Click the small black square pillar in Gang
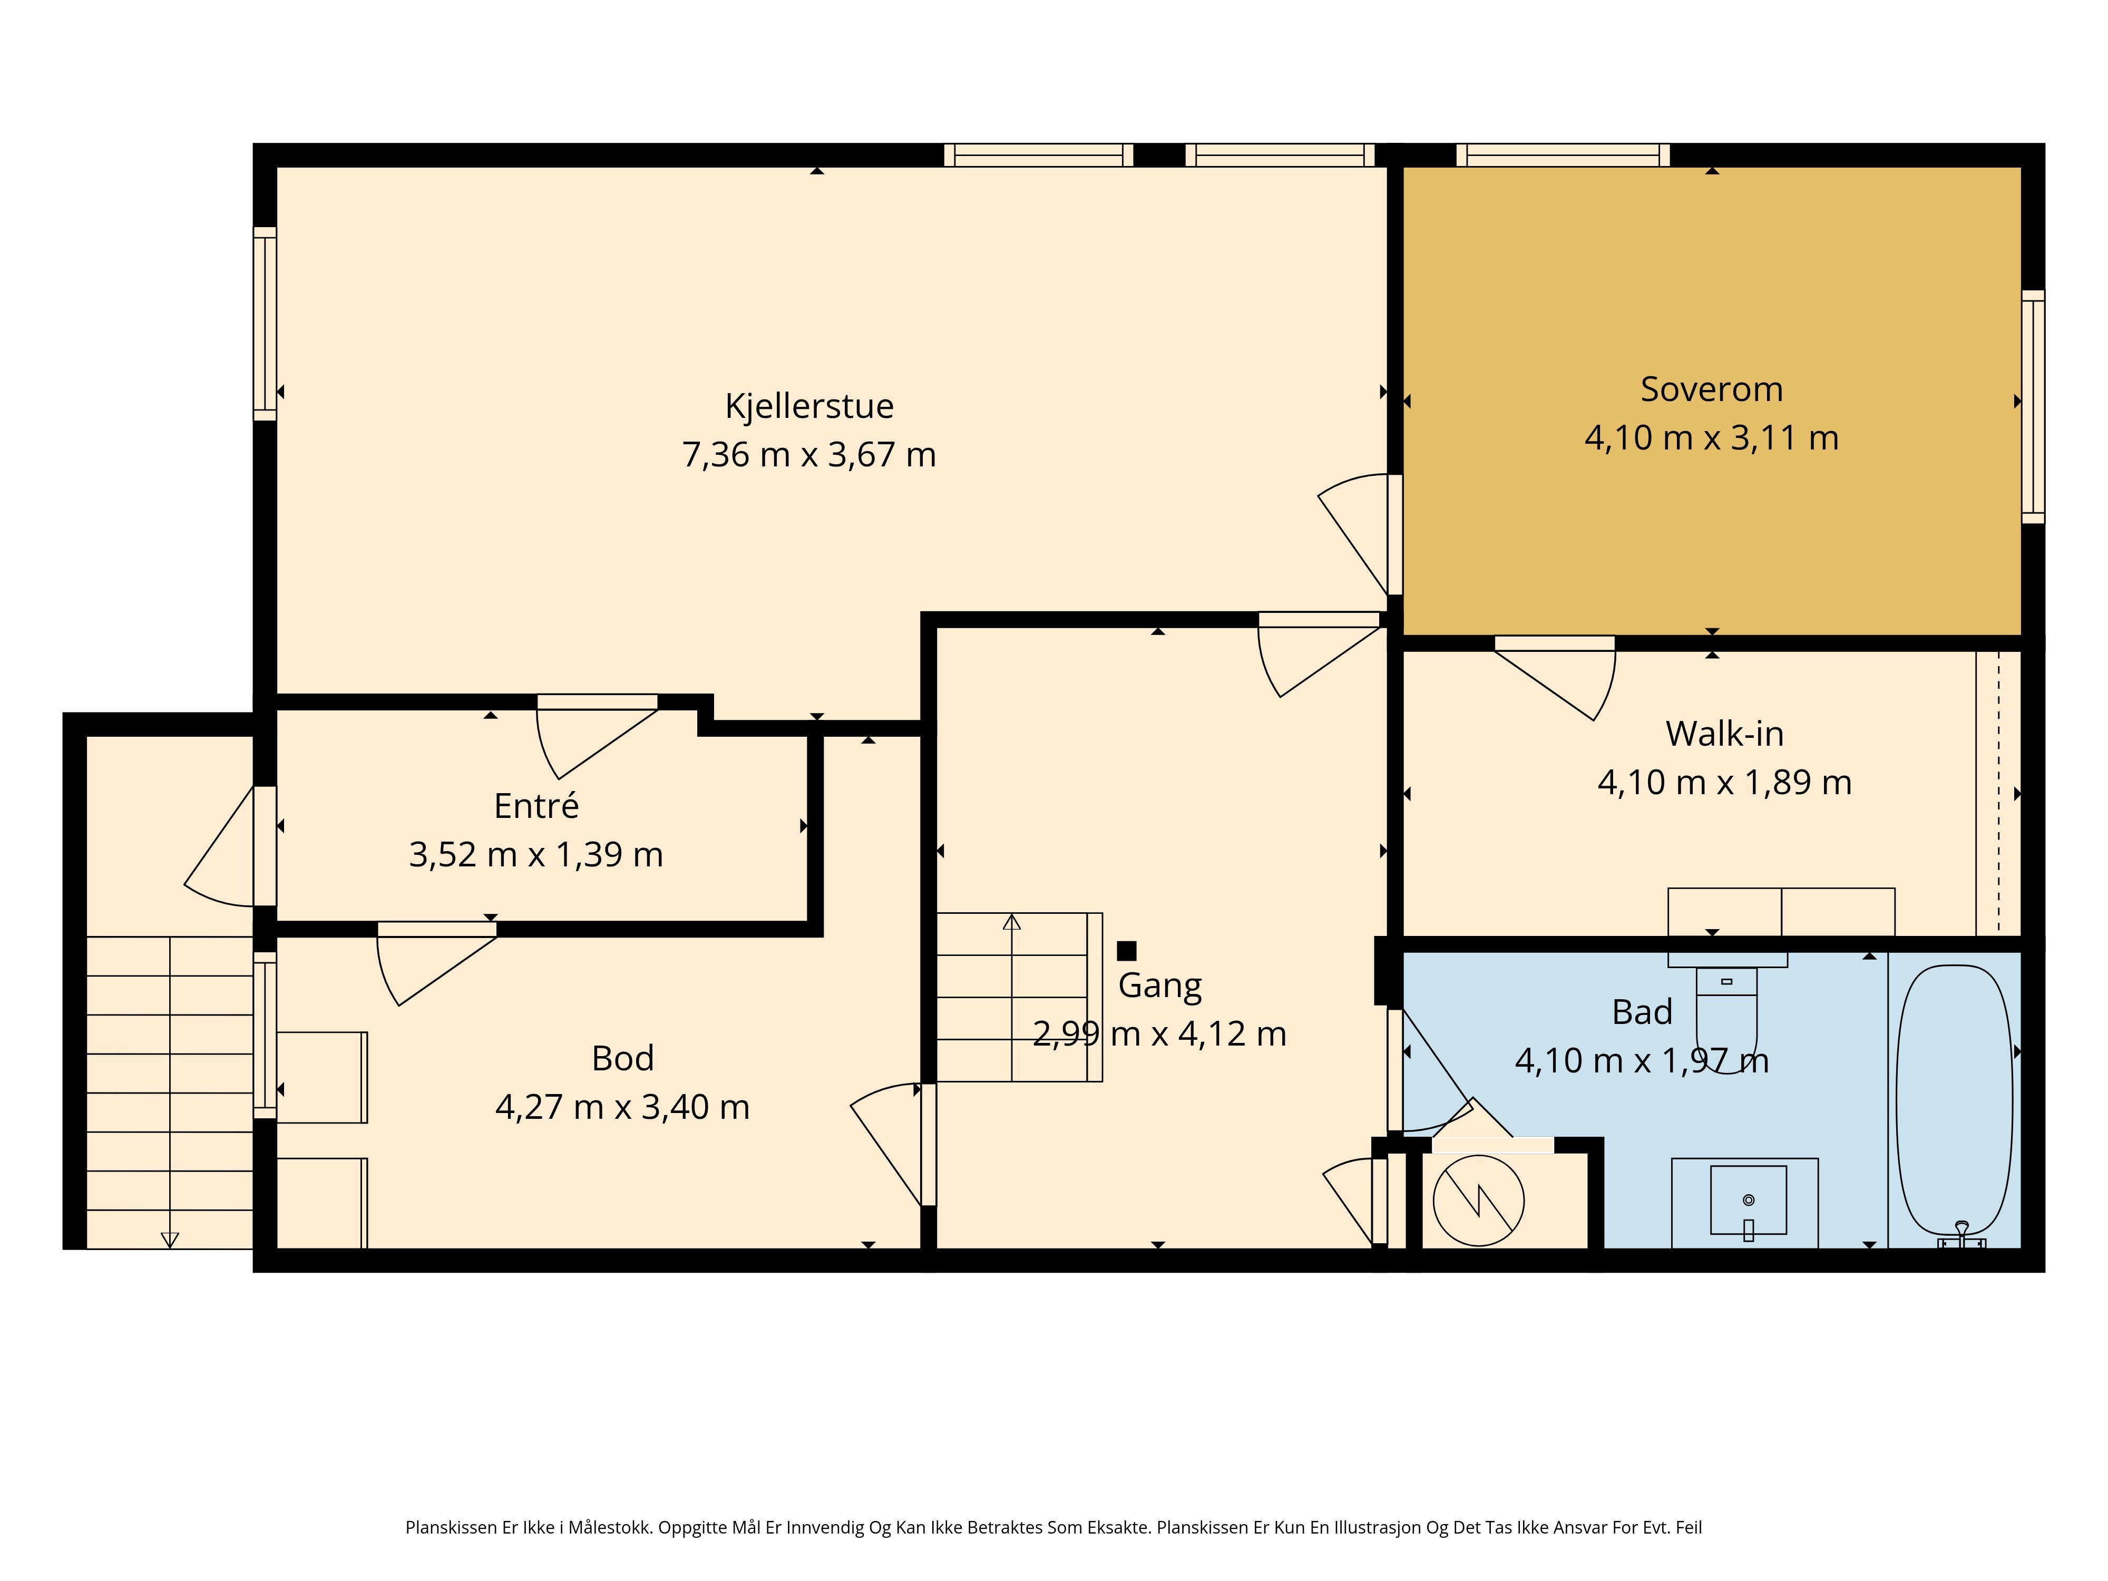point(1126,950)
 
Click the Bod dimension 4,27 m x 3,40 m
point(622,1107)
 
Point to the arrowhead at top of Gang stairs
point(1012,922)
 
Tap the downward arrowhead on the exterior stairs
point(170,1240)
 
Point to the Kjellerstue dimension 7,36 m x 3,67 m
point(809,455)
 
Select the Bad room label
point(1642,1012)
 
